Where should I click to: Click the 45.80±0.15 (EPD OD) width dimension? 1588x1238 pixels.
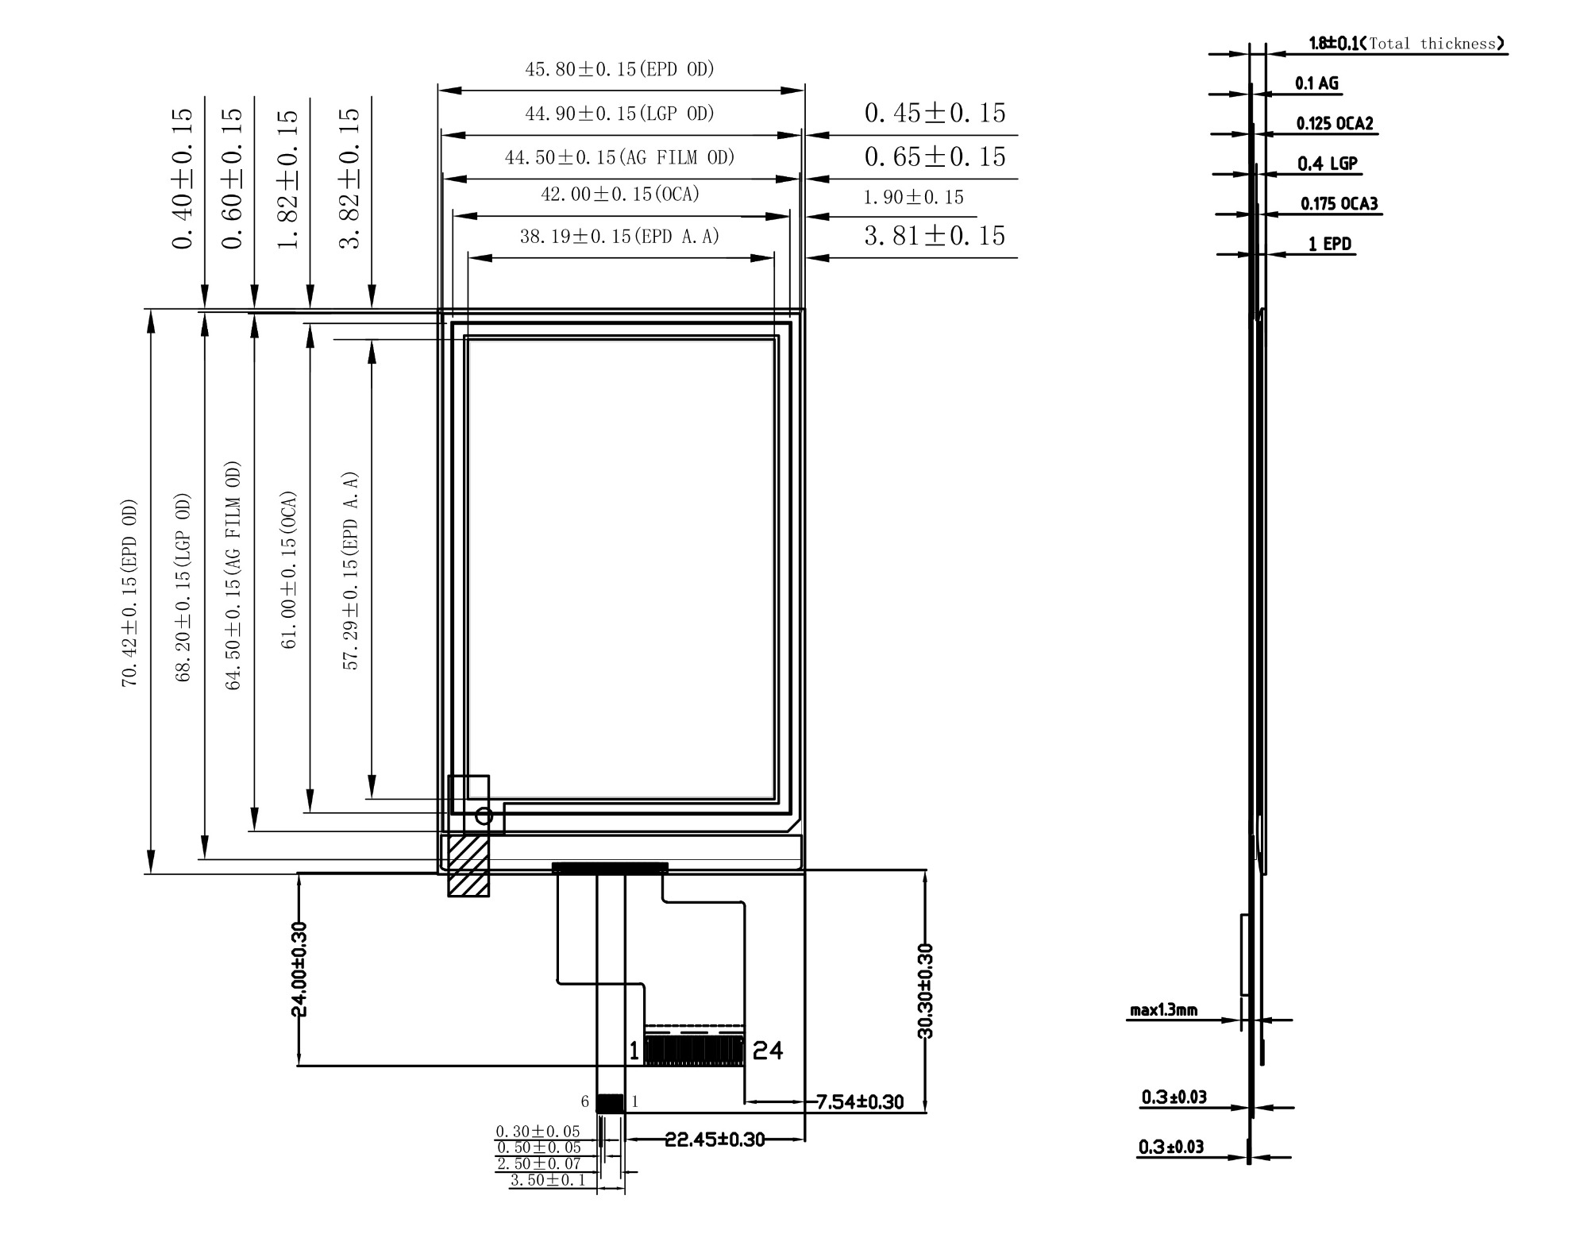click(619, 69)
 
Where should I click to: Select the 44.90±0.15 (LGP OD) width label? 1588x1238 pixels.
click(619, 114)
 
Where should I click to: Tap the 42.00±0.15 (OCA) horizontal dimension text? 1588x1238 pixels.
click(620, 195)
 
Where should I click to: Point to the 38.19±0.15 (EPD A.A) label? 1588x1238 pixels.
click(619, 236)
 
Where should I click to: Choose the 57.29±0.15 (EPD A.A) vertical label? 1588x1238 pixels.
click(350, 572)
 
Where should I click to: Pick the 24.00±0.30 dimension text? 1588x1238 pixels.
click(299, 969)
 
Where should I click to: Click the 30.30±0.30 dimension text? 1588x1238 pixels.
click(926, 991)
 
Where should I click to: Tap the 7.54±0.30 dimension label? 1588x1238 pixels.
click(860, 1101)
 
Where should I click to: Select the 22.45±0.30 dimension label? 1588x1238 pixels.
click(715, 1140)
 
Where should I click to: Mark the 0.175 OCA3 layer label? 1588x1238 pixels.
click(1339, 204)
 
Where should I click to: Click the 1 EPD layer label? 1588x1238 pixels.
click(1330, 244)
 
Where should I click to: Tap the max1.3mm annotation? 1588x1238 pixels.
click(1163, 1011)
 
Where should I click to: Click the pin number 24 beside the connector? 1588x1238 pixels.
click(768, 1051)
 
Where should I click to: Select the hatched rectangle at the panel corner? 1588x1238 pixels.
click(468, 865)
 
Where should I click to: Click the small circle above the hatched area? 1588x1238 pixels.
click(484, 816)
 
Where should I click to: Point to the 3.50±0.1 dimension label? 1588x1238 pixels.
click(547, 1179)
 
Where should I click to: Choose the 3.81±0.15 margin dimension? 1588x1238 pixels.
click(935, 236)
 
